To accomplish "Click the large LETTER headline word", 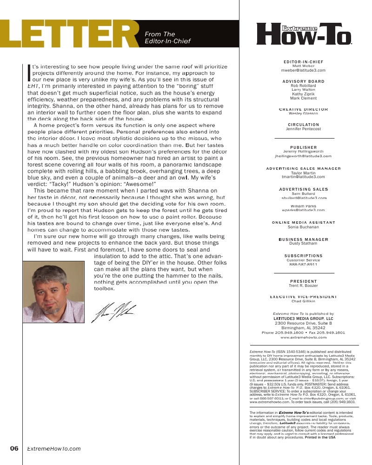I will tap(70, 35).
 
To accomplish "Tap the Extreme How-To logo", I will tap(304, 34).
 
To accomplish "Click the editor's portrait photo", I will tap(53, 292).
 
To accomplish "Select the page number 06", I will tap(14, 449).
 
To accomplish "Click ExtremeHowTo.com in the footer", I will tap(54, 449).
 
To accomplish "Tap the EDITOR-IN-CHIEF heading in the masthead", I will tap(303, 62).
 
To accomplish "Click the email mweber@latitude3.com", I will tap(303, 70).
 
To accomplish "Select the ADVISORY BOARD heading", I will tap(303, 81).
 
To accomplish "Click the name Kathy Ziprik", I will tap(303, 94).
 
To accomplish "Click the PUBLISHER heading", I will tap(303, 147).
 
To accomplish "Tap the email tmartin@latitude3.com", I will tap(303, 177).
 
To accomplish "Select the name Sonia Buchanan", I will tap(303, 227).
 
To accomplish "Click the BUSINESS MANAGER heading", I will tap(303, 239).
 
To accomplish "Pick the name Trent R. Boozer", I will tap(303, 286).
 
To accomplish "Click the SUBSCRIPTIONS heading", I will tap(303, 256).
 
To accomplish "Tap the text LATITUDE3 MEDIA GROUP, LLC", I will tap(303, 319).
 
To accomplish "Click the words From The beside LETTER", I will tap(160, 34).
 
